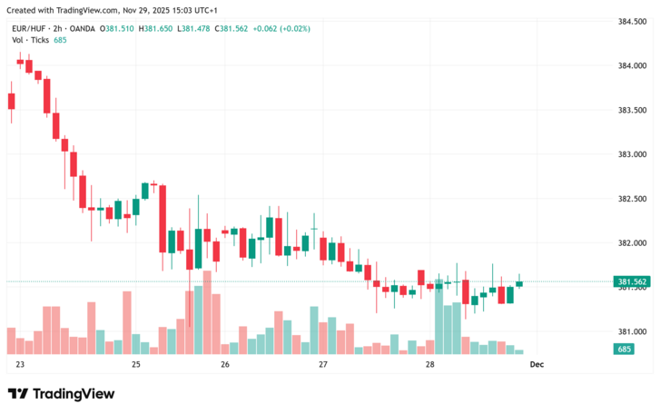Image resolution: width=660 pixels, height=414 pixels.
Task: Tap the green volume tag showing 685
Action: coord(625,349)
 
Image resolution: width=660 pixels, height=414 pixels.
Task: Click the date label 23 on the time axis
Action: coord(20,364)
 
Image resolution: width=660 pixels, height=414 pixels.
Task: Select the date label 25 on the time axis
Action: coord(136,364)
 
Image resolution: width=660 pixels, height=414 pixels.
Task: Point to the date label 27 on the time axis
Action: coord(323,364)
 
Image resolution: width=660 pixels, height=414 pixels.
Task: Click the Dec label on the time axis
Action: coord(537,364)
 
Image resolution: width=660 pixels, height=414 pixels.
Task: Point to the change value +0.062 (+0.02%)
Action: coord(282,28)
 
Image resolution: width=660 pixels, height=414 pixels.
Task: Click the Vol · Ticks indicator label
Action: coord(29,40)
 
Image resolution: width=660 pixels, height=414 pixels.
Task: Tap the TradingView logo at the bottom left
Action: coord(61,393)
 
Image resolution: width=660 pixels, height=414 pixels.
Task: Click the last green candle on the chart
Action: coord(519,283)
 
